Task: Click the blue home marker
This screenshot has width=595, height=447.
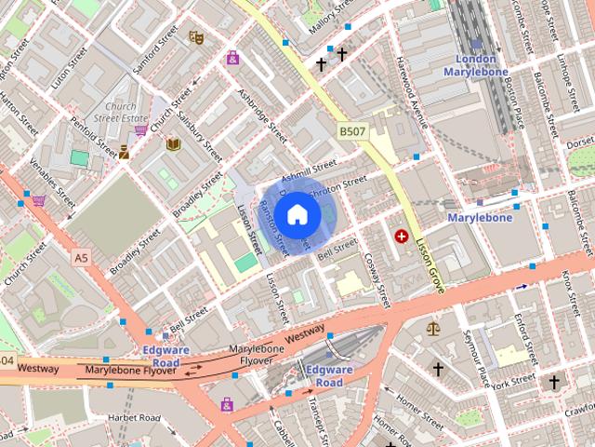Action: coord(297,215)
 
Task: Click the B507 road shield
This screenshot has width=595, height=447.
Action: coord(351,132)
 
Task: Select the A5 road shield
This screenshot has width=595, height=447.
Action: coord(82,257)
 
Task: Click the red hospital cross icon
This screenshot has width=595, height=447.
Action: coord(402,237)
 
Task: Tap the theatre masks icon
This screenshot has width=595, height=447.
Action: coord(196,36)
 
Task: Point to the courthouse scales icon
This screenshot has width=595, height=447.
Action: coord(432,328)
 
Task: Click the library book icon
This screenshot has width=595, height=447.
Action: coord(173,143)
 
